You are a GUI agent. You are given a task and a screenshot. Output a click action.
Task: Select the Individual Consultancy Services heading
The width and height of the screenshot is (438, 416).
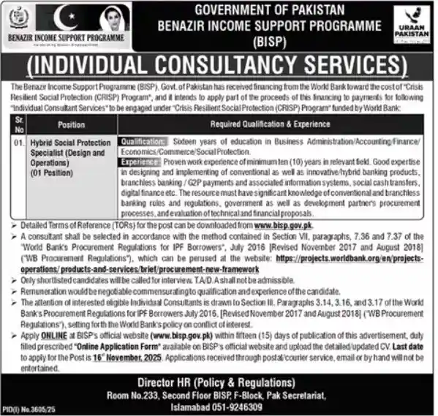pyautogui.click(x=219, y=67)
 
